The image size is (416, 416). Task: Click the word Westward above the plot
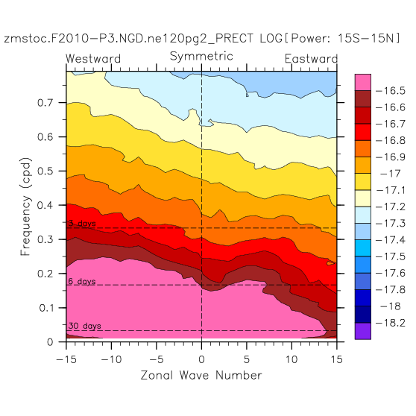(93, 59)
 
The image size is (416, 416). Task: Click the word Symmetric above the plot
(201, 56)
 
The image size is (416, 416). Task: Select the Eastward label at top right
(311, 59)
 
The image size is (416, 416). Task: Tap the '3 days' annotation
(82, 224)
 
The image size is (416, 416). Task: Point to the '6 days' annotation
(82, 281)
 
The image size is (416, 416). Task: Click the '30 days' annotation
(85, 326)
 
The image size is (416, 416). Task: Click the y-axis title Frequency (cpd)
(26, 207)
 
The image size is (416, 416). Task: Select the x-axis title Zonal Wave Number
(201, 376)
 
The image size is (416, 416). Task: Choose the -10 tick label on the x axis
(111, 359)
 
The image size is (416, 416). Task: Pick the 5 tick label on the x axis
(247, 359)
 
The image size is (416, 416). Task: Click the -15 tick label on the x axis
(66, 359)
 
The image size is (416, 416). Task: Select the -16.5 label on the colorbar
(391, 91)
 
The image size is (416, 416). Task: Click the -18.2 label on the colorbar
(391, 323)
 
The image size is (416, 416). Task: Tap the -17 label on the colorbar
(391, 174)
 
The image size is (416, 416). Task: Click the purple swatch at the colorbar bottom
(363, 331)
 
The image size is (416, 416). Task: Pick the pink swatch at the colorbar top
(363, 83)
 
